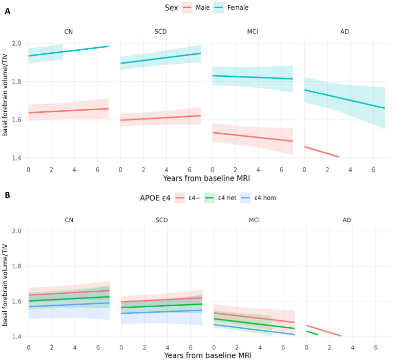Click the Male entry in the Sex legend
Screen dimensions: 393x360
(x=196, y=8)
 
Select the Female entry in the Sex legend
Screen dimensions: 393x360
(x=231, y=8)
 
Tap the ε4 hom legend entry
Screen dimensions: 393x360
(x=258, y=198)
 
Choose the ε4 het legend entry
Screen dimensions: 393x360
(x=220, y=198)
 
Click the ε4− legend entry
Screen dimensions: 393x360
(x=187, y=198)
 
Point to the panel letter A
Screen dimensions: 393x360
(x=8, y=11)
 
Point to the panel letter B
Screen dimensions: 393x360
(x=8, y=195)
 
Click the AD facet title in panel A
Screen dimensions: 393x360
(x=344, y=32)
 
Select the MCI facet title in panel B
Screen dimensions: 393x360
(x=254, y=221)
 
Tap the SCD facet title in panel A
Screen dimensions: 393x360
(x=160, y=32)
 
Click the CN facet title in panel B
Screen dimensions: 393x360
(x=69, y=221)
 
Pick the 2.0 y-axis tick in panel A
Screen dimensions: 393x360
(x=16, y=44)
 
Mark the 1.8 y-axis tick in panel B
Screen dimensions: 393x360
(x=16, y=266)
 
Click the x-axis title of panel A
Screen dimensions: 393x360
(x=206, y=178)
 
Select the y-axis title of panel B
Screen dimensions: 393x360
(x=5, y=285)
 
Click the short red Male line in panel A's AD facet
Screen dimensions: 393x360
(x=322, y=152)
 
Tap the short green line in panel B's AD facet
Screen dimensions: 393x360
(x=312, y=333)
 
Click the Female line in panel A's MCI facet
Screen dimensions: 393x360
(x=253, y=77)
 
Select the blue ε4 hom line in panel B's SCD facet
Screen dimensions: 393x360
(x=162, y=312)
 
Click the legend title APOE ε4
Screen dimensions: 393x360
(x=155, y=198)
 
